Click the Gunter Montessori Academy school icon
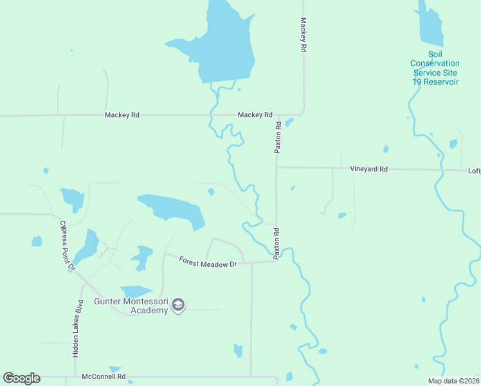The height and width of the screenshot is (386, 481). pyautogui.click(x=179, y=305)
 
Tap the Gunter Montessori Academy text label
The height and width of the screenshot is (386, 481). pyautogui.click(x=131, y=306)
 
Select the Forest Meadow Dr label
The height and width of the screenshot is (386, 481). pyautogui.click(x=208, y=263)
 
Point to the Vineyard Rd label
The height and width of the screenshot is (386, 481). pyautogui.click(x=368, y=169)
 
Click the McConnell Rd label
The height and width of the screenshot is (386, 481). pyautogui.click(x=103, y=376)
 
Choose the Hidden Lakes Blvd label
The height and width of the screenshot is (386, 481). pyautogui.click(x=78, y=328)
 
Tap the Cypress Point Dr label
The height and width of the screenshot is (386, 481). pyautogui.click(x=68, y=245)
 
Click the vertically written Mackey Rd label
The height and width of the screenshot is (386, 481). pyautogui.click(x=302, y=35)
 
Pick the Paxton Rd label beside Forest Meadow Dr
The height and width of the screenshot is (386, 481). pyautogui.click(x=277, y=243)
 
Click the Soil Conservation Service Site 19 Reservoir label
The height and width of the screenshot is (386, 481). pyautogui.click(x=435, y=68)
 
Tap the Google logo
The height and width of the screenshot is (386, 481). pyautogui.click(x=21, y=378)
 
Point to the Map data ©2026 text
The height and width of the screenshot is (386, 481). pyautogui.click(x=453, y=381)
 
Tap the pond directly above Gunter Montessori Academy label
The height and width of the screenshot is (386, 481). pyautogui.click(x=136, y=291)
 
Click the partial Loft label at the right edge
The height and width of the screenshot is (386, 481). pyautogui.click(x=474, y=170)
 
